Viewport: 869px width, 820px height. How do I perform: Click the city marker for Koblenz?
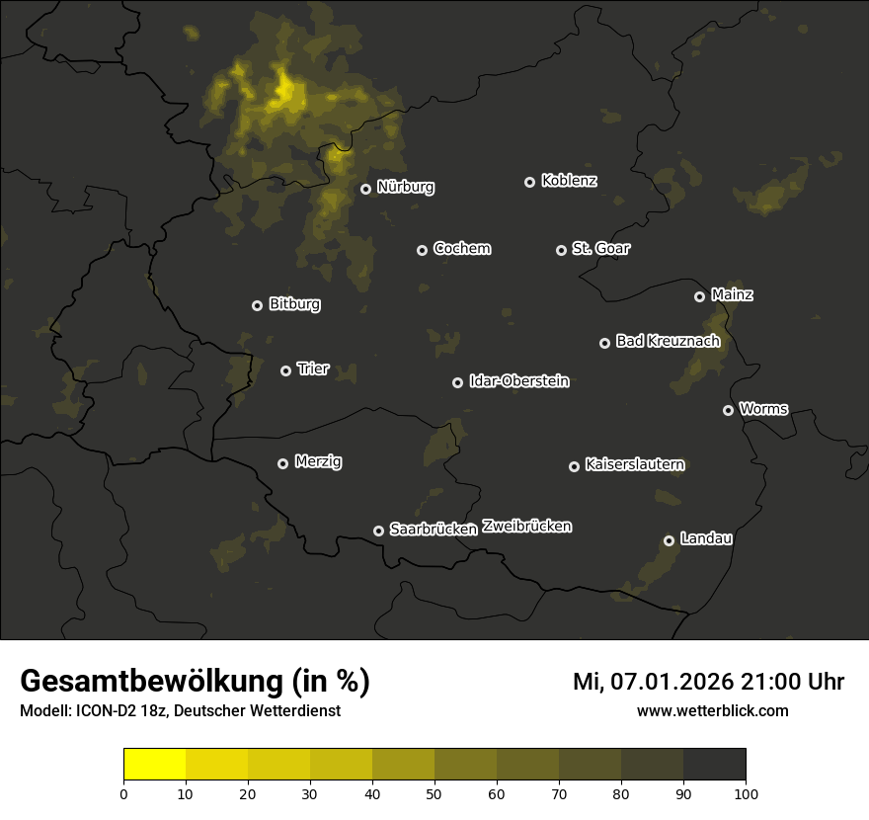coord(529,182)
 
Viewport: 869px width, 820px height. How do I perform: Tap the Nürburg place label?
coord(405,187)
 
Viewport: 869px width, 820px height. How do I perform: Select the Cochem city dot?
coord(422,250)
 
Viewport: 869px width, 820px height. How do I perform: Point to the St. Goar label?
coord(600,249)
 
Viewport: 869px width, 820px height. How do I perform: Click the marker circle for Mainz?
coord(699,296)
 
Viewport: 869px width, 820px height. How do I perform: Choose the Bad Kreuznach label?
coord(668,342)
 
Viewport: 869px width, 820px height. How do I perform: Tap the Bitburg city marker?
coord(257,305)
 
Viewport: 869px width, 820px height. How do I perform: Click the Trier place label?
coord(313,369)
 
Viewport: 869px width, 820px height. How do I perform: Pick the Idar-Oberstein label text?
coord(518,381)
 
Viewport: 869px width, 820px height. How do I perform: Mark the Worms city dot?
coord(728,410)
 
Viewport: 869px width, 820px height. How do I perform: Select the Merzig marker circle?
coord(282,463)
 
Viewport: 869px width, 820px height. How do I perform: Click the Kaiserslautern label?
coord(634,464)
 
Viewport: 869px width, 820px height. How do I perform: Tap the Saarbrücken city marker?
coord(378,531)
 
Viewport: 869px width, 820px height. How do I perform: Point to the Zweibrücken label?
coord(526,527)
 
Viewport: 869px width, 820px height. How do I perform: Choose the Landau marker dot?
coord(669,540)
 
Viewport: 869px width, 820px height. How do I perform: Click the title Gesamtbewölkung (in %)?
coord(196,682)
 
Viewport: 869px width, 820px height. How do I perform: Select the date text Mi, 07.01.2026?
coord(652,682)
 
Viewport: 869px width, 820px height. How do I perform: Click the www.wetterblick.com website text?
coord(712,710)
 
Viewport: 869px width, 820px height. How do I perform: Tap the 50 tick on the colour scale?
coord(434,793)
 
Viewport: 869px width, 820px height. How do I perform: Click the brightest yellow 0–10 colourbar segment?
coord(155,765)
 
